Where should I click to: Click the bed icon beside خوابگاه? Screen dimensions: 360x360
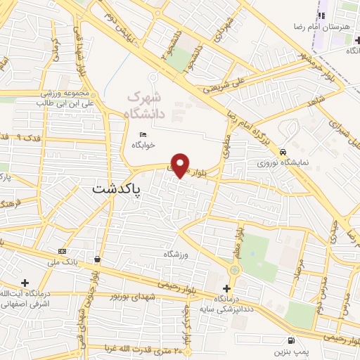tap(143, 135)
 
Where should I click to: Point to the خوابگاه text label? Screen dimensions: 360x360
tap(143, 146)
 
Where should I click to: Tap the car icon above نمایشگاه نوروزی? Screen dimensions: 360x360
tap(282, 152)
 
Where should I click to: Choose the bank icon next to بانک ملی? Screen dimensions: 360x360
tap(63, 251)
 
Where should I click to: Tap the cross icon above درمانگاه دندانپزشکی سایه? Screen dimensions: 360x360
tap(226, 288)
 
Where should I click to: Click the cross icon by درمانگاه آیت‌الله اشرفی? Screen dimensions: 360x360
tap(26, 282)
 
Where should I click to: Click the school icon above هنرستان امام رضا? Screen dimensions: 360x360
tap(321, 15)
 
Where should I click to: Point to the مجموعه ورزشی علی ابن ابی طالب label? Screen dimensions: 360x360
tap(56, 98)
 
